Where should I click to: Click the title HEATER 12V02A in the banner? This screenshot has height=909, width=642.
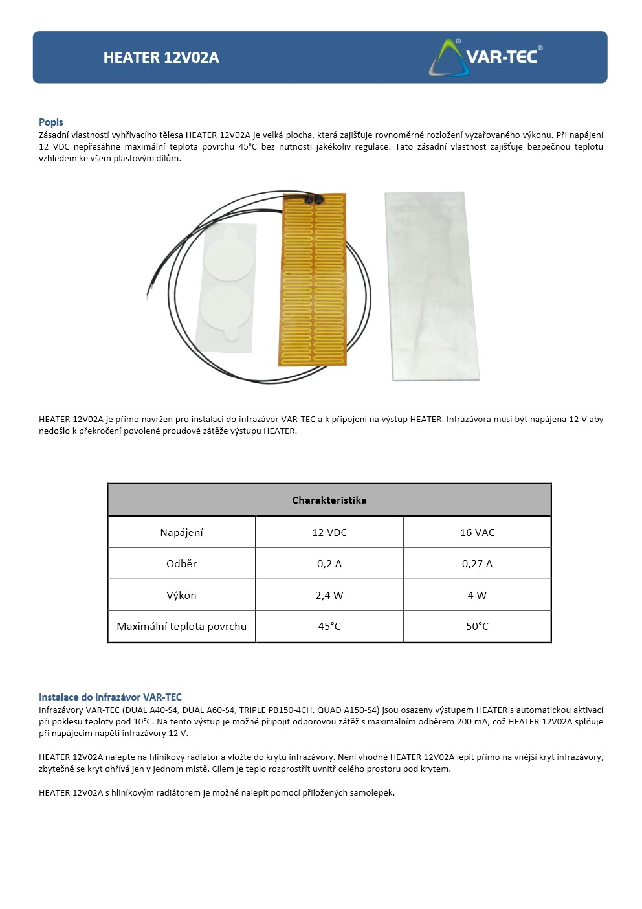point(161,58)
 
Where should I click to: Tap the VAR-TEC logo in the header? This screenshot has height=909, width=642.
point(485,57)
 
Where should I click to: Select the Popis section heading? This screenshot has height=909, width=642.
point(51,122)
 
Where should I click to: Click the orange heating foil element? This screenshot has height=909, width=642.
point(314,285)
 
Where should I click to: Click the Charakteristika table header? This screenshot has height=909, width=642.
point(329,500)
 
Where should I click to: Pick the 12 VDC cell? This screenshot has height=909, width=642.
point(329,532)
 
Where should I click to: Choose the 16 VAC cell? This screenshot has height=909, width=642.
point(477,532)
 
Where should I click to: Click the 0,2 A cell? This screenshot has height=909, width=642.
point(329,563)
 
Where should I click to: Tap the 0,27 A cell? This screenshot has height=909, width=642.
point(477,563)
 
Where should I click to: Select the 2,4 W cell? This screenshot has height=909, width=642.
point(329,595)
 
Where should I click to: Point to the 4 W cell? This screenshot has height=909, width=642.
point(477,595)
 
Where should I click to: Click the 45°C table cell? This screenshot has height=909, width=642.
point(329,626)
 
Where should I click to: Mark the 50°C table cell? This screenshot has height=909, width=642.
point(477,626)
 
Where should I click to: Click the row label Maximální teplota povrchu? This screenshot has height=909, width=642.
point(181,626)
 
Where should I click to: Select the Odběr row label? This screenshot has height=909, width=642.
point(181,563)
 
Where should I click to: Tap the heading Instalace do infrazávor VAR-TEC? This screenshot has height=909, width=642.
point(110,697)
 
